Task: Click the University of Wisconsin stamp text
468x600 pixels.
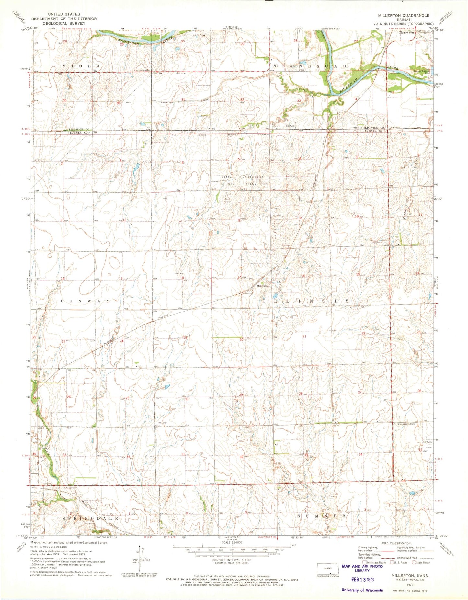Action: (x=362, y=590)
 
